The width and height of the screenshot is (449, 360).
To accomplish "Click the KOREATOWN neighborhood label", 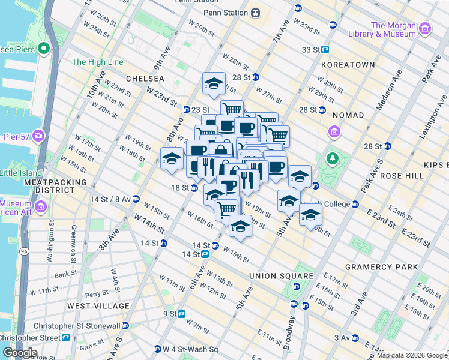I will point(348,64).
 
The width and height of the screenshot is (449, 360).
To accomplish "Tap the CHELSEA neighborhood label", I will point(145,79).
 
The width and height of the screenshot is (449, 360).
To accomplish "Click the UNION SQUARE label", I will point(282,276).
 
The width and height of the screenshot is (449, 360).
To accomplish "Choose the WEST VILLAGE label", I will point(98,306).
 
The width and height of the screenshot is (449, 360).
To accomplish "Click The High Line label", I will point(97,62).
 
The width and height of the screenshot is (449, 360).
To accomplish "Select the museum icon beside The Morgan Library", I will point(425,29).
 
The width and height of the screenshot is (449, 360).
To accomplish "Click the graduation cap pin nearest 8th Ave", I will point(172,159).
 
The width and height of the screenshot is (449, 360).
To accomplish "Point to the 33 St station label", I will point(312,50).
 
